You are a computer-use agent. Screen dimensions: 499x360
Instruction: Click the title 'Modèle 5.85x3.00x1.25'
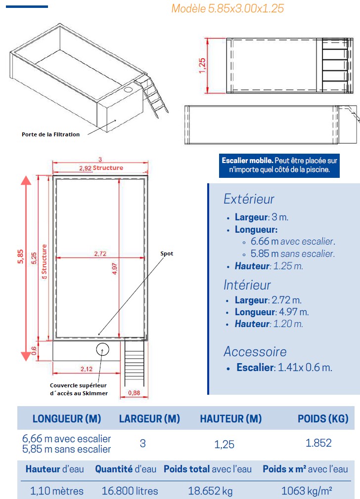pyautogui.click(x=227, y=8)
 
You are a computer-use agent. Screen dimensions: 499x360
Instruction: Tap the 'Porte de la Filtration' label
pyautogui.click(x=50, y=134)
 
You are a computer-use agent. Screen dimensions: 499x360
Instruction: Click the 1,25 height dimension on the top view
pyautogui.click(x=202, y=65)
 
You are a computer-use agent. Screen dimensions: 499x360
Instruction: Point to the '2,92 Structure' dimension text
pyautogui.click(x=101, y=168)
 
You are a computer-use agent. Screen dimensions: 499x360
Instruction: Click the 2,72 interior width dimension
pyautogui.click(x=100, y=254)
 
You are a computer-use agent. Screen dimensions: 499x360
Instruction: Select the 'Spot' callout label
pyautogui.click(x=167, y=253)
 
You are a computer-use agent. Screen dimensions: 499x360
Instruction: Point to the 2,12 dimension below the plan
pyautogui.click(x=86, y=369)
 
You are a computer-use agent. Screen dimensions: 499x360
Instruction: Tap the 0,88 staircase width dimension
pyautogui.click(x=134, y=393)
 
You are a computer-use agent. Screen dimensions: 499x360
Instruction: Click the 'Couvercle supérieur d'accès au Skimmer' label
pyautogui.click(x=79, y=389)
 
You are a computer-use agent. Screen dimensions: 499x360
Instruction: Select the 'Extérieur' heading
pyautogui.click(x=249, y=199)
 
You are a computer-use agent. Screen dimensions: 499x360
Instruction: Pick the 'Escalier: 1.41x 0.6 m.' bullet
pyautogui.click(x=284, y=368)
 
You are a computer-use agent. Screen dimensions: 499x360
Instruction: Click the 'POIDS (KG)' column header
pyautogui.click(x=323, y=419)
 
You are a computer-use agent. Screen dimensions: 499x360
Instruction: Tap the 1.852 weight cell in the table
pyautogui.click(x=318, y=443)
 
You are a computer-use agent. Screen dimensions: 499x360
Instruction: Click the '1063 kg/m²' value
pyautogui.click(x=306, y=491)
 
